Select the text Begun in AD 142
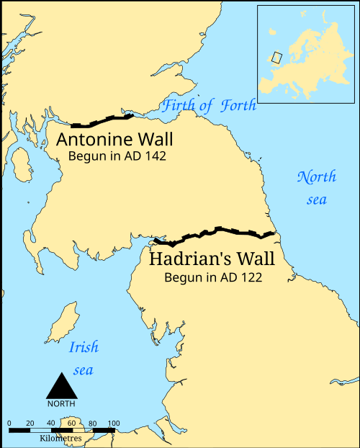click(117, 156)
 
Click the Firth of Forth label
click(209, 106)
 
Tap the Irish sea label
click(84, 359)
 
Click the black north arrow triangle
click(61, 387)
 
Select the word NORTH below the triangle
click(61, 403)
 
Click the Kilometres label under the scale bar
click(61, 437)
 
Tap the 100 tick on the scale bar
click(113, 422)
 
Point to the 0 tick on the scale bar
click(9, 422)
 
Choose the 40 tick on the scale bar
click(50, 422)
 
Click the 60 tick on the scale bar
click(71, 422)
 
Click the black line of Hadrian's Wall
click(216, 232)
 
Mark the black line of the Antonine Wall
click(101, 120)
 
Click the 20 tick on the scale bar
click(30, 422)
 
